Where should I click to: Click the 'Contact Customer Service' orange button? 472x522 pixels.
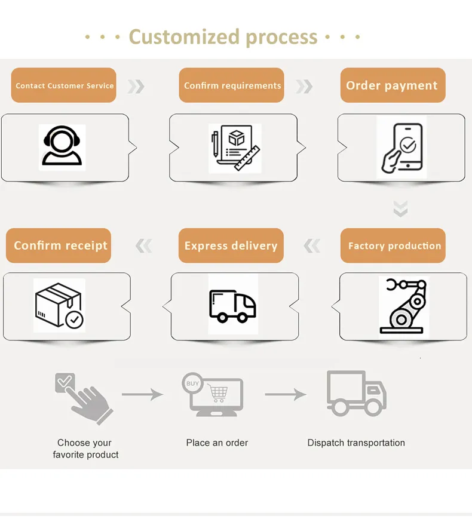64,85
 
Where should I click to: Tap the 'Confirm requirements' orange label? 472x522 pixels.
232,85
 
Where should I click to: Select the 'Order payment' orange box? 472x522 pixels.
393,85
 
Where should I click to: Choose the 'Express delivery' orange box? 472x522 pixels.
231,245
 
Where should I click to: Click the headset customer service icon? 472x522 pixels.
62,147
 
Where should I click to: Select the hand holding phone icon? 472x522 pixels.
402,147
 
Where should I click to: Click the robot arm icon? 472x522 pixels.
404,305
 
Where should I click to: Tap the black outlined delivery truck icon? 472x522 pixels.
232,305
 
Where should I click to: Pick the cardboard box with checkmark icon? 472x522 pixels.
59,306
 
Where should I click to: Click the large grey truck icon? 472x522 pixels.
356,393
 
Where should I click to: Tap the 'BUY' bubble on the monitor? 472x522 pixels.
192,383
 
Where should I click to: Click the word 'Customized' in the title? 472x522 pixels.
183,37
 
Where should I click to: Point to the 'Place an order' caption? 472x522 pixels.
217,443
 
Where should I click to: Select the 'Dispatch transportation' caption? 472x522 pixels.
356,443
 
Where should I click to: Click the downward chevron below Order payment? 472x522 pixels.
400,208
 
